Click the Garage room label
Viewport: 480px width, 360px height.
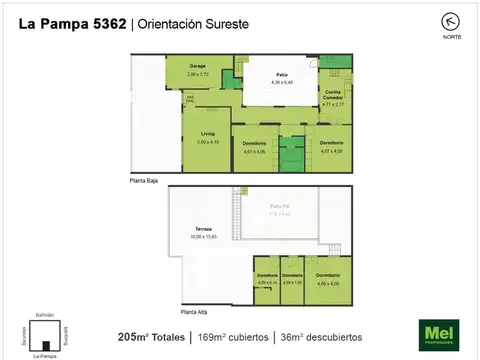(x=198, y=67)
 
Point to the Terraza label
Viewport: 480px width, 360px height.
(x=203, y=230)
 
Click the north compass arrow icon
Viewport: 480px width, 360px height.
(x=424, y=20)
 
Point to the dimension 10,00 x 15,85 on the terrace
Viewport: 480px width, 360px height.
(x=203, y=237)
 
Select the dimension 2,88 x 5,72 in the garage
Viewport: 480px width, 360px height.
(x=198, y=74)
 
